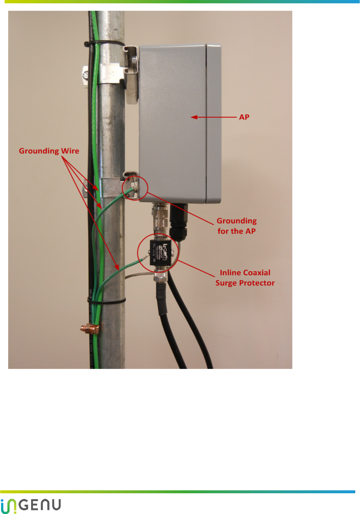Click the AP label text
coord(244,117)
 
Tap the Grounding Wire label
coord(49,151)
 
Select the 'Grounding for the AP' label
coord(236,226)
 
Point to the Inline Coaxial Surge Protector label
coord(245,278)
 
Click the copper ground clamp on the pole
coord(90,329)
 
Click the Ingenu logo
coord(31,505)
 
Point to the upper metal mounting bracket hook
coord(131,74)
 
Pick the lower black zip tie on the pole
coord(107,301)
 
